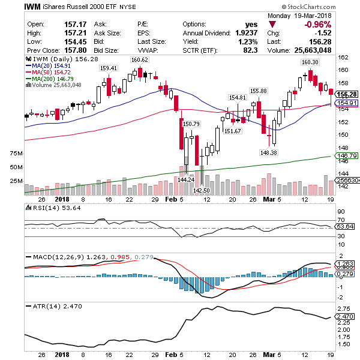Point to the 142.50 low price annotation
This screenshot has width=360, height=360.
point(201,190)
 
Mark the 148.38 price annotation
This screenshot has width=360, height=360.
point(268,152)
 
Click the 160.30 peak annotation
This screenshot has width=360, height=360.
point(310,62)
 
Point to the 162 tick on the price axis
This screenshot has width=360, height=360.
point(343,58)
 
